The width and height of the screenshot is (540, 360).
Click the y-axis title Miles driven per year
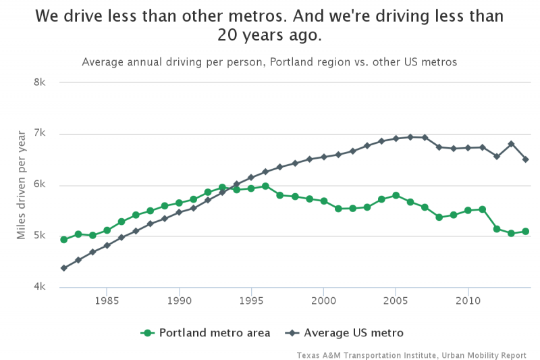pyautogui.click(x=22, y=185)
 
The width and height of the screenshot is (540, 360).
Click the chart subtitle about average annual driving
pyautogui.click(x=269, y=62)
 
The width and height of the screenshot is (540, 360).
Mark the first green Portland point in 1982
pyautogui.click(x=63, y=240)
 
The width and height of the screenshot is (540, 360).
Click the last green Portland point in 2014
pyautogui.click(x=525, y=231)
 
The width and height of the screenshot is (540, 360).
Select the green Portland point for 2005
pyautogui.click(x=396, y=195)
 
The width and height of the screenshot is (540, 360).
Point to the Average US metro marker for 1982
pyautogui.click(x=63, y=268)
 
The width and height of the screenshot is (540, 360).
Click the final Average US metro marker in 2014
pyautogui.click(x=525, y=159)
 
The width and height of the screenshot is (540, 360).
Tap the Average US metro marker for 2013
pyautogui.click(x=511, y=144)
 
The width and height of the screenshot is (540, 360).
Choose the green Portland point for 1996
pyautogui.click(x=265, y=186)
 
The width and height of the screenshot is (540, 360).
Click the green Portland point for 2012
pyautogui.click(x=497, y=229)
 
